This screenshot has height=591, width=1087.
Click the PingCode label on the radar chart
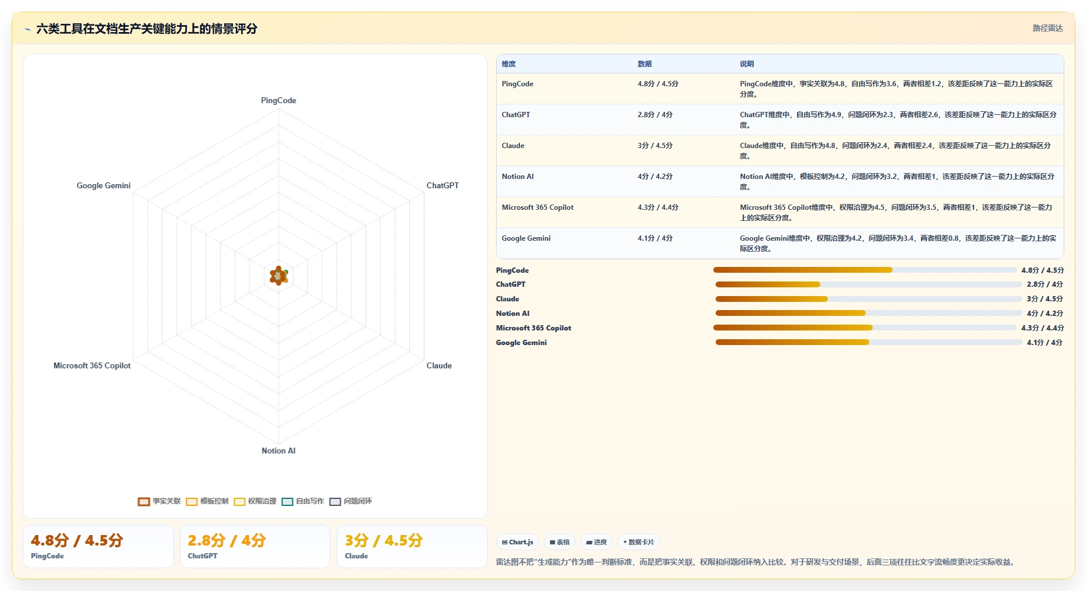point(278,100)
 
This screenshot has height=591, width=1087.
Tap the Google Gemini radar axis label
point(104,185)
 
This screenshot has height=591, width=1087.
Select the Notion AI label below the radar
point(278,451)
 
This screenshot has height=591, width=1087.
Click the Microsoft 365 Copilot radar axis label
point(92,365)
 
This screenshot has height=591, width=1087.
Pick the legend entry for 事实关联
point(159,501)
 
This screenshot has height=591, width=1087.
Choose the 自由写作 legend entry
point(303,501)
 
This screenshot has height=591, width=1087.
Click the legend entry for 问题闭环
point(350,501)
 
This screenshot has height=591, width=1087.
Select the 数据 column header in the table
point(645,64)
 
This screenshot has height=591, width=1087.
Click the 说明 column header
point(747,64)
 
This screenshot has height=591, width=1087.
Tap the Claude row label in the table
point(513,146)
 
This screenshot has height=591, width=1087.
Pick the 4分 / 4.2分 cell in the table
point(655,177)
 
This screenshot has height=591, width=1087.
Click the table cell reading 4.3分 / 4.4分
point(658,207)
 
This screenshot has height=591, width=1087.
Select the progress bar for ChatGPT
point(869,284)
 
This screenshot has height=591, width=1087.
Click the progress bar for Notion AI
point(869,313)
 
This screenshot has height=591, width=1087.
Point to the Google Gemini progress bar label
point(521,343)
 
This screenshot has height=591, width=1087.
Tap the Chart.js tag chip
point(518,542)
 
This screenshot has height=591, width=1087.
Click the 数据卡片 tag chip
point(639,542)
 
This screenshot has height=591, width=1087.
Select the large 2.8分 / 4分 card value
point(226,540)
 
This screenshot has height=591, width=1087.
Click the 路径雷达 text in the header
point(1048,28)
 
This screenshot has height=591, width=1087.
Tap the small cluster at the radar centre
point(279,276)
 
